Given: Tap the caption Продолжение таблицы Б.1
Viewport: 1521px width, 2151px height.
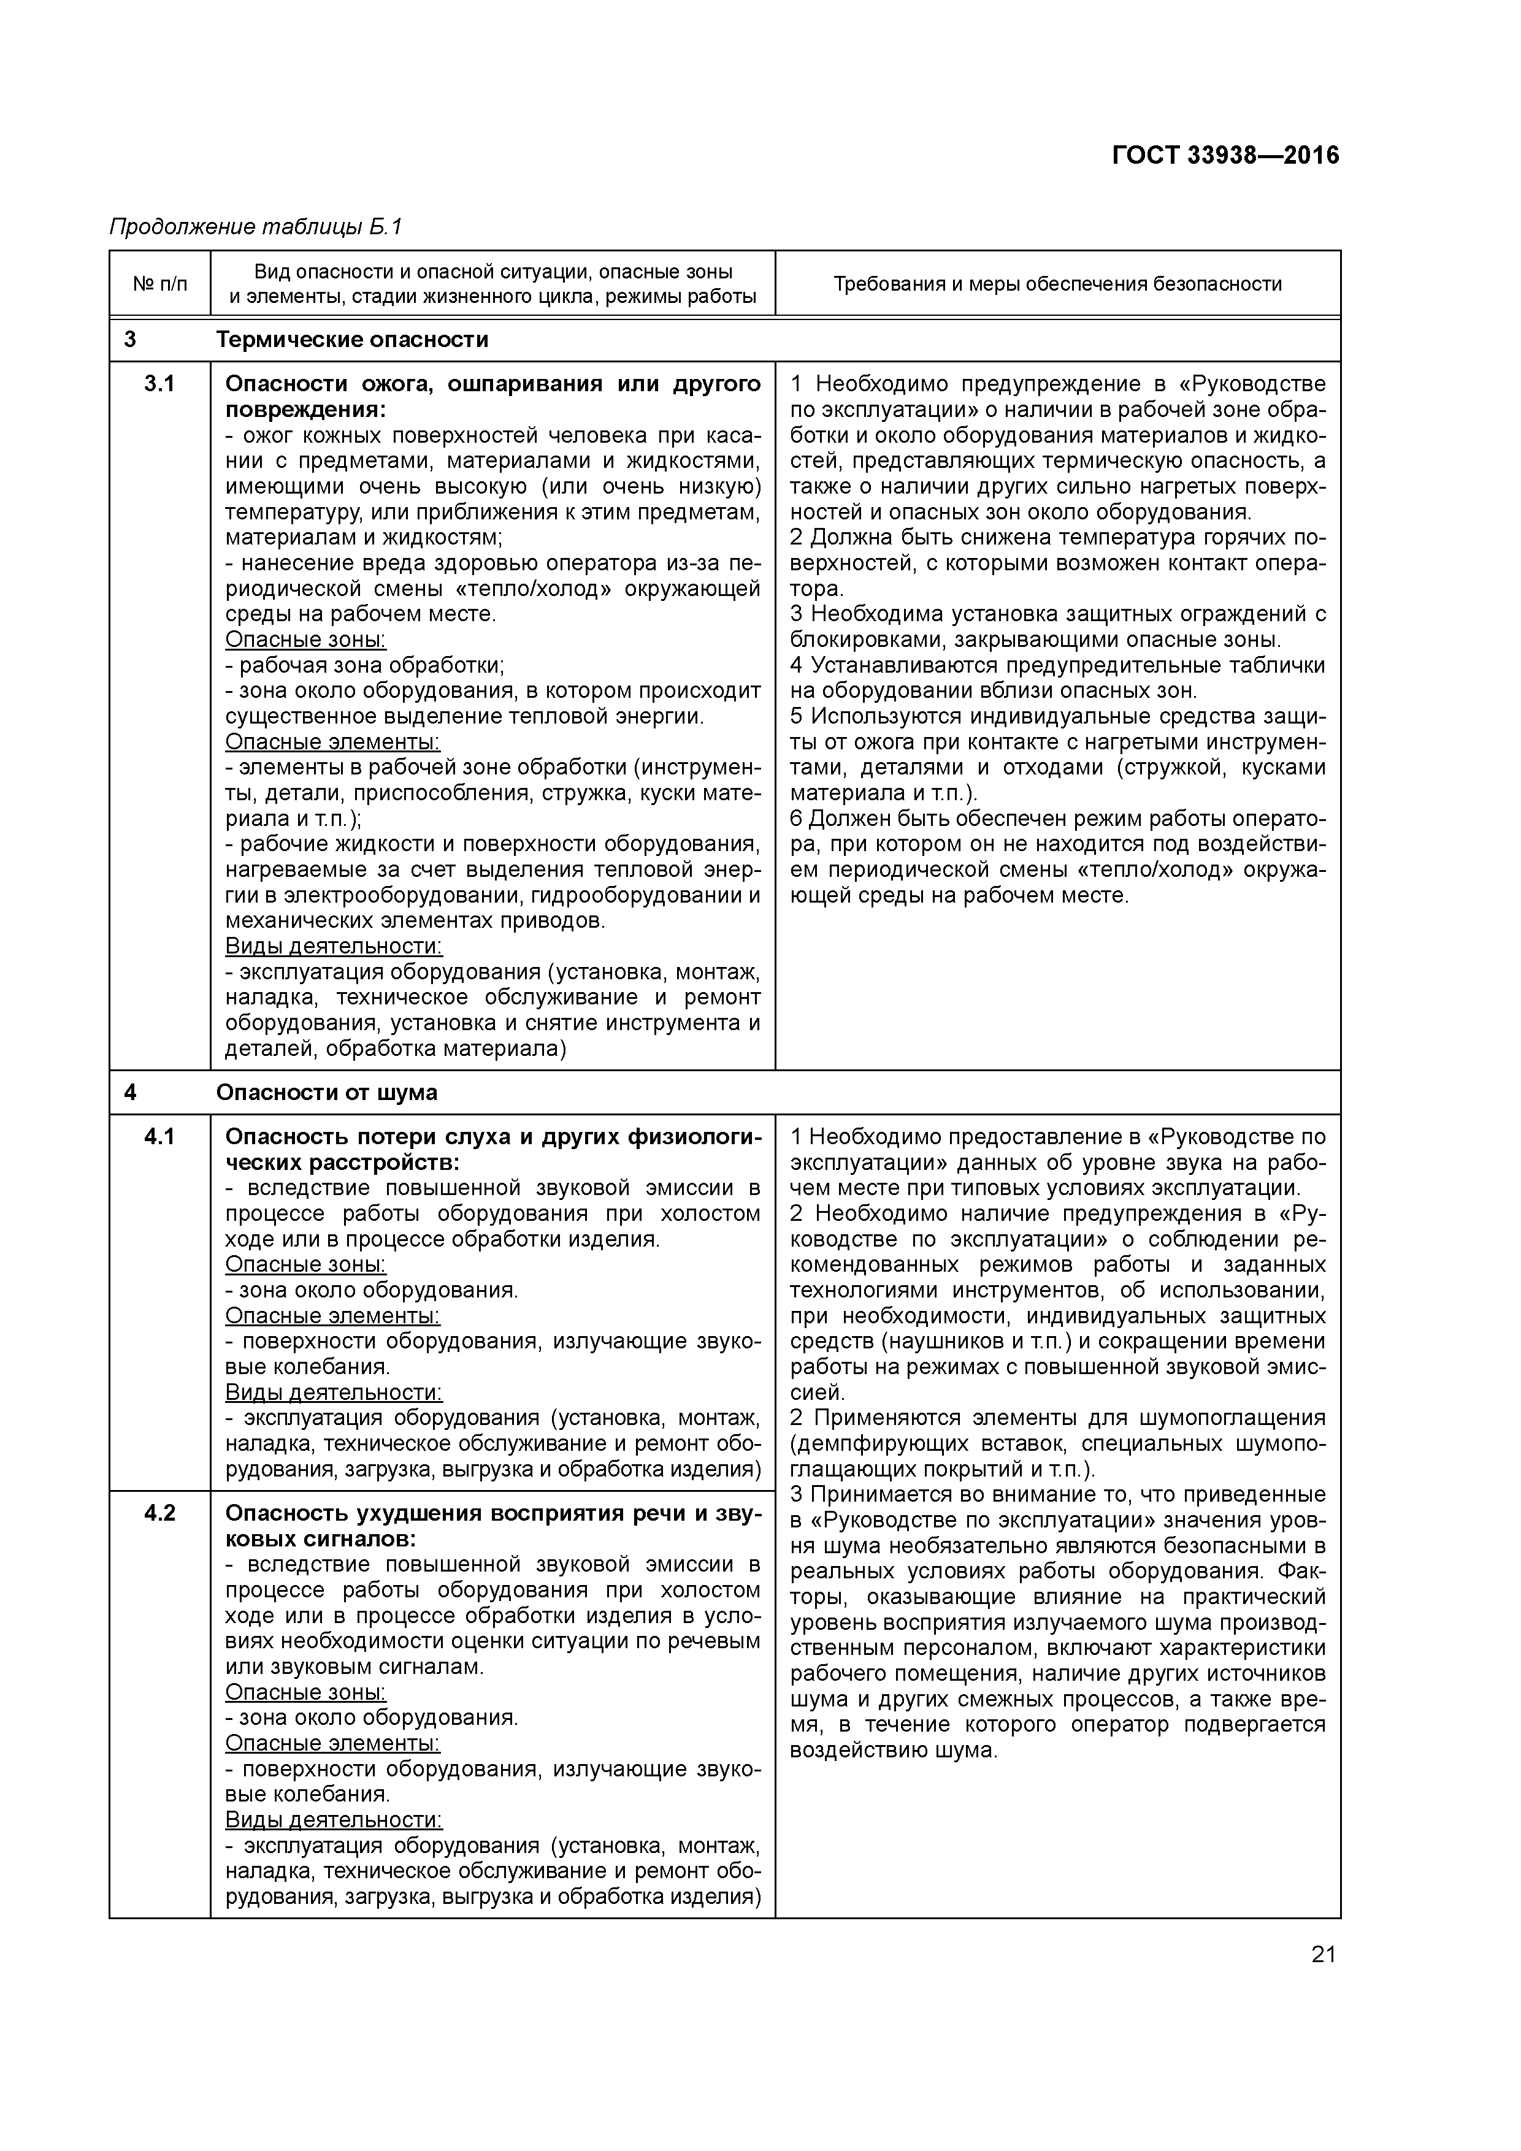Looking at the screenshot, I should [x=255, y=227].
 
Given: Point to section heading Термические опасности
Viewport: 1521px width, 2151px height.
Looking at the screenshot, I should [x=353, y=339].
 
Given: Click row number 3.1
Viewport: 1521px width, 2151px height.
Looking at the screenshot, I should [x=159, y=384].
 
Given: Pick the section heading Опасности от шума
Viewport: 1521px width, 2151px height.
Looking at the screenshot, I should [x=326, y=1093].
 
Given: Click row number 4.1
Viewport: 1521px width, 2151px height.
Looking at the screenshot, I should [x=159, y=1136].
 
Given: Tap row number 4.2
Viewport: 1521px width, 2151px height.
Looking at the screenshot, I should [x=159, y=1514].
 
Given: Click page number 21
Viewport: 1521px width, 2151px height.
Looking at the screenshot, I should [x=1322, y=1954].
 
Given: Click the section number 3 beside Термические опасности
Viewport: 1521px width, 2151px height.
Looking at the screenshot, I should [x=130, y=339].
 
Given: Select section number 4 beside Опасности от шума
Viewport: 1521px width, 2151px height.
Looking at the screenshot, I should [x=130, y=1093].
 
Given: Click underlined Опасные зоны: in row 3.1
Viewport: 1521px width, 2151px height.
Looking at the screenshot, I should [x=305, y=640].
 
